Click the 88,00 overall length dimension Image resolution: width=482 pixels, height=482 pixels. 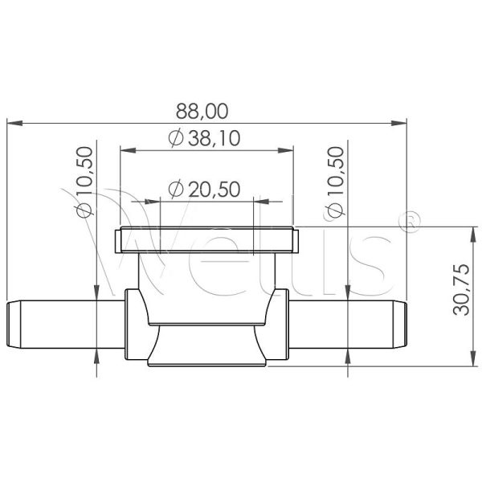(x=202, y=111)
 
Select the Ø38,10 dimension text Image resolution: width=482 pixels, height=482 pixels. (x=204, y=138)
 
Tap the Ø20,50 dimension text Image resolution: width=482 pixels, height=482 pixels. (x=204, y=189)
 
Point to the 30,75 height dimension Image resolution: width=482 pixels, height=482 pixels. (x=461, y=289)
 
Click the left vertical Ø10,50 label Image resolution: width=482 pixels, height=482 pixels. (x=84, y=182)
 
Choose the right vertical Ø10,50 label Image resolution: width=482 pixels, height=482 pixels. (x=335, y=182)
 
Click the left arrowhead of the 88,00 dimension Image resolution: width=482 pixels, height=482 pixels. (x=14, y=123)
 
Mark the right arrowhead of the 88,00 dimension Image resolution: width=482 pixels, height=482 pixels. (x=399, y=123)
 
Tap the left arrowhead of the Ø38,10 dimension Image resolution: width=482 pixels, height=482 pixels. (x=129, y=150)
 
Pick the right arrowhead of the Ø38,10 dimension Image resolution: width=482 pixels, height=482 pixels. (x=285, y=150)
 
